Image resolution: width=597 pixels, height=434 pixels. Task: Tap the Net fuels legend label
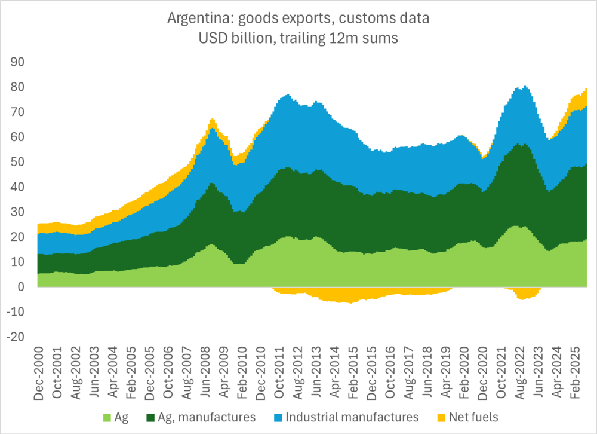(474, 417)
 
